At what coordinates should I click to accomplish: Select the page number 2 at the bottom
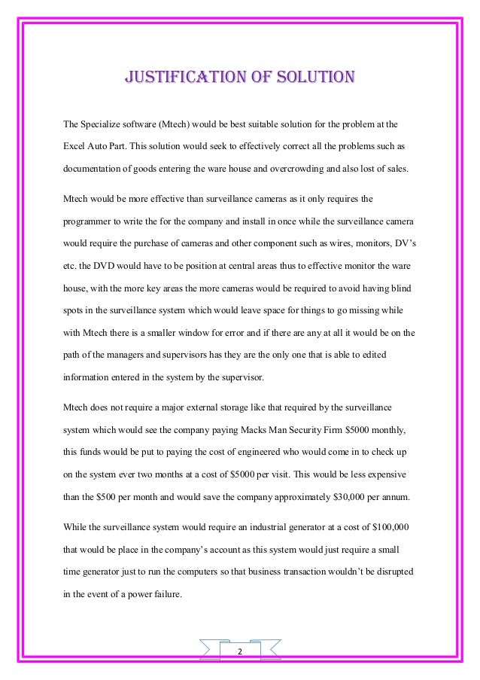point(240,651)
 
